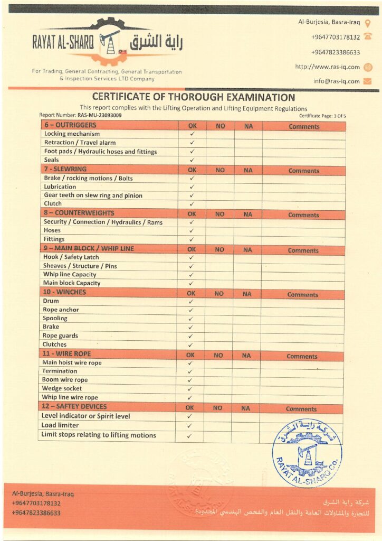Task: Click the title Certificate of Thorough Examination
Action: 193,97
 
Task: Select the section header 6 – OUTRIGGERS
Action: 70,125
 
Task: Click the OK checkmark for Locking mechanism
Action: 192,134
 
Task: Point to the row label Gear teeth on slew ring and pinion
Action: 93,195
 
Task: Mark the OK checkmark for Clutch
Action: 192,204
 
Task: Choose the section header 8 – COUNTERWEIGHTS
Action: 79,213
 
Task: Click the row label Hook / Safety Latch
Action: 69,257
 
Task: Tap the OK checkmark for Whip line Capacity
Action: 192,275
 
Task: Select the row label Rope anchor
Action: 61,310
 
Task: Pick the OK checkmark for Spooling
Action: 191,319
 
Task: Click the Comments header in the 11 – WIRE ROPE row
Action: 302,357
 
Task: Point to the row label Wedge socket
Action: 62,388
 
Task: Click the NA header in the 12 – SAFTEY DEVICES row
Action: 246,408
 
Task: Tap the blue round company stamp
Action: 307,452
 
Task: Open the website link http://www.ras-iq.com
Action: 327,67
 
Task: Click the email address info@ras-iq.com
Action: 336,81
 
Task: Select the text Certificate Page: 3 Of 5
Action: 321,115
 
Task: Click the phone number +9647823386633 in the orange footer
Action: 36,513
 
